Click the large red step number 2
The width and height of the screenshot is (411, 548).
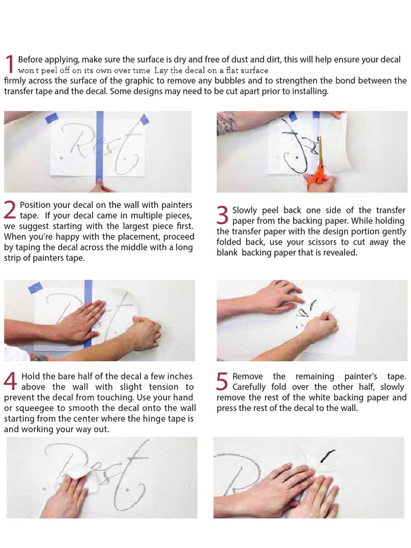(10, 210)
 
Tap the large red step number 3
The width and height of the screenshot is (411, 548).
(223, 215)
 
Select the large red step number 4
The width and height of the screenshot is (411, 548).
(10, 382)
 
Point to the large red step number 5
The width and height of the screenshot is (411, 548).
(223, 382)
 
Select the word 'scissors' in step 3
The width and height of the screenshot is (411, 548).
(324, 242)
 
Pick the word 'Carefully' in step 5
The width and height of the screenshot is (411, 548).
(251, 387)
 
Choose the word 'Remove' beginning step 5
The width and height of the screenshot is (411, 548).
(248, 377)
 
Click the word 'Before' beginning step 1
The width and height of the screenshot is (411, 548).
(30, 59)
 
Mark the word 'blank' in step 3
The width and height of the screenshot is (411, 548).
(227, 253)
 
